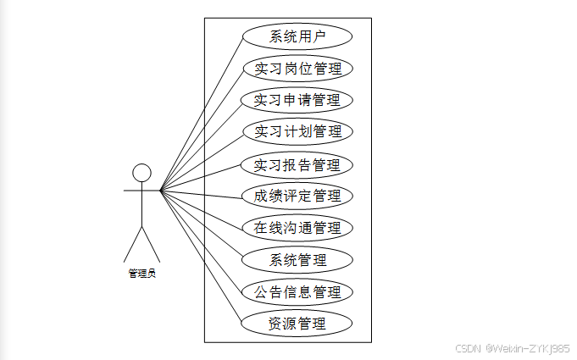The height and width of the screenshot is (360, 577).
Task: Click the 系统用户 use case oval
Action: [x=297, y=36]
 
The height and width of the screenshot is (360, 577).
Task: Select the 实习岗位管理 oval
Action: [x=297, y=69]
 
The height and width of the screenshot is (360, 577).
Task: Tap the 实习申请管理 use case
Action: [x=297, y=100]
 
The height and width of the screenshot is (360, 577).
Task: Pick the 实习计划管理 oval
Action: [x=297, y=132]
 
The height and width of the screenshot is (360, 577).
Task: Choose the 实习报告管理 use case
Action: [x=297, y=164]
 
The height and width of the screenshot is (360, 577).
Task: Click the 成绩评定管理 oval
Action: [x=297, y=196]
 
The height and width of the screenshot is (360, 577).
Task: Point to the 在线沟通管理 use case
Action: [x=297, y=228]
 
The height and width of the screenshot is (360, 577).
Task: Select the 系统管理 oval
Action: [x=297, y=259]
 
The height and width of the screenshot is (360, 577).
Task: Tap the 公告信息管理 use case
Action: [x=297, y=291]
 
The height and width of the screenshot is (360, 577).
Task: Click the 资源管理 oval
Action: [x=297, y=323]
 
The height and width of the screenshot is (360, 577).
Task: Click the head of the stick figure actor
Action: [x=141, y=174]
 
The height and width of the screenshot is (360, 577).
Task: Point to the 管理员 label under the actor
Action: [x=141, y=274]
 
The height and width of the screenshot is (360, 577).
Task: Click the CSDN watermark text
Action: [x=468, y=348]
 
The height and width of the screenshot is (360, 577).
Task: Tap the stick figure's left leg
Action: [x=132, y=245]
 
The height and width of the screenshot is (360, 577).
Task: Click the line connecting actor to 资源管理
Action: [x=201, y=257]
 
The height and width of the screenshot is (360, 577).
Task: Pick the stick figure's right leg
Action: [x=151, y=245]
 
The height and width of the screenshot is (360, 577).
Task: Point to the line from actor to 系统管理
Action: [x=201, y=224]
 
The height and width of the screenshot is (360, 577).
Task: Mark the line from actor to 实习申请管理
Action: [x=201, y=146]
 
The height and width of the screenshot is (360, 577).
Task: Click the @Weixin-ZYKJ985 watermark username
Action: [x=528, y=348]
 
